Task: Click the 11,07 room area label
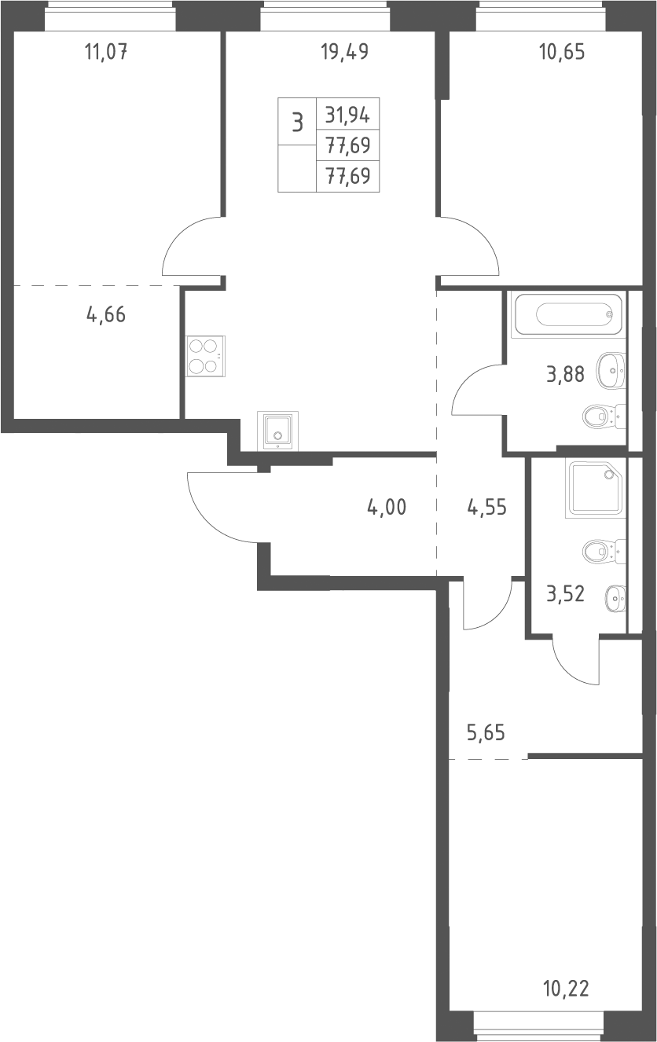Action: point(106,52)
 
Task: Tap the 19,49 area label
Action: point(345,52)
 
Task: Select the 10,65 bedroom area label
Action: point(562,52)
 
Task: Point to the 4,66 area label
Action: point(106,314)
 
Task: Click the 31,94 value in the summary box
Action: point(347,115)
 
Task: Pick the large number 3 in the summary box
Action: point(297,123)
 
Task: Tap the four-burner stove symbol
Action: point(205,356)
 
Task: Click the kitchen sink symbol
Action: point(277,431)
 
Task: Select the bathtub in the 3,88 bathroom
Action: point(567,314)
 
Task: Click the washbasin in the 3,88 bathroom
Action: point(611,371)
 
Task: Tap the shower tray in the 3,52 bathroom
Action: point(596,488)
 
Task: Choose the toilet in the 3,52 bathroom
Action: point(604,552)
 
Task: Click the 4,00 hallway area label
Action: point(387,507)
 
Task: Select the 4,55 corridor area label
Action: point(486,507)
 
